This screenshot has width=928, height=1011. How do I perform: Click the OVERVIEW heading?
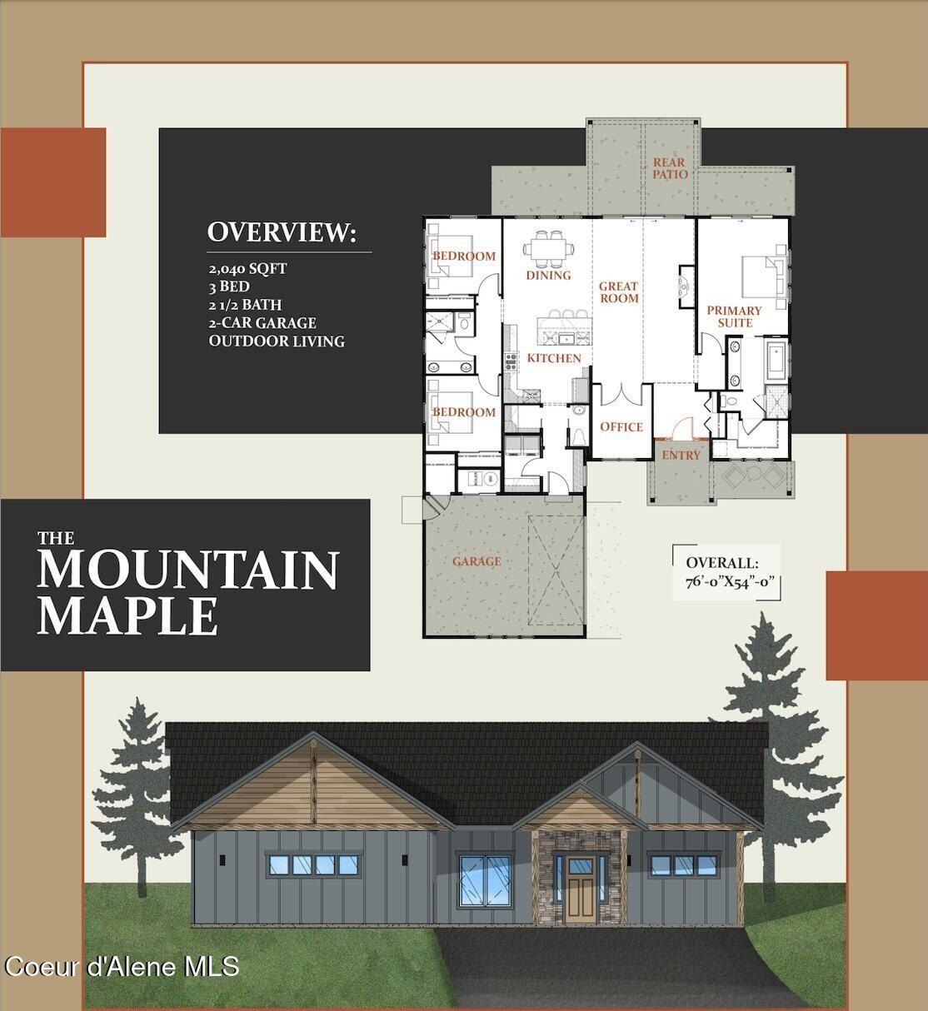(x=281, y=232)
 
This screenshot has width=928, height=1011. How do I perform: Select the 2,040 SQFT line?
(x=247, y=268)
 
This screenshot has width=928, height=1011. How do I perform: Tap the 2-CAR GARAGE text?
(x=262, y=322)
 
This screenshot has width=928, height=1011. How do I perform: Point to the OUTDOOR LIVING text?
(x=277, y=341)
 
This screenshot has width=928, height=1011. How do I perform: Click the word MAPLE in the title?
(x=127, y=615)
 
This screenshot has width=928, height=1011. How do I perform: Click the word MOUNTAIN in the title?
(x=187, y=570)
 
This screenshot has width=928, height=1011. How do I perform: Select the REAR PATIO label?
(x=670, y=168)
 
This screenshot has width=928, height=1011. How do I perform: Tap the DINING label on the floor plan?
(x=548, y=275)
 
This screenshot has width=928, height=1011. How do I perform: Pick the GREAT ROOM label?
(x=619, y=292)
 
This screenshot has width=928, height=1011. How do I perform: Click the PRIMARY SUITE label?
(x=734, y=316)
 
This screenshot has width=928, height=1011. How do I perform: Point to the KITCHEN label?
(x=554, y=358)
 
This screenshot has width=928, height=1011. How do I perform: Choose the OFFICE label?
(x=621, y=427)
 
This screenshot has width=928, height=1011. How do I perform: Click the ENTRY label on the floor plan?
(x=681, y=455)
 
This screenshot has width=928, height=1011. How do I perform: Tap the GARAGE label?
(x=476, y=561)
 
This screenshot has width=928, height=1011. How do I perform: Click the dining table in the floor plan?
(x=548, y=247)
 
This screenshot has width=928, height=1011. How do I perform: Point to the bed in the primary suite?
(x=762, y=271)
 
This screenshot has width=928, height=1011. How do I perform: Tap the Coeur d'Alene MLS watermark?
(x=122, y=966)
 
